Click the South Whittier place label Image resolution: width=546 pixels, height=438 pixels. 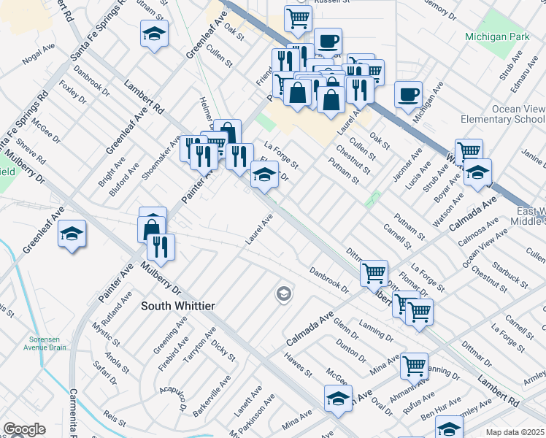[x=178, y=306]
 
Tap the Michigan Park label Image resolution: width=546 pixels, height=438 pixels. [x=493, y=36]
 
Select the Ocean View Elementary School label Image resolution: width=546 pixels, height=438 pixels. [x=503, y=113]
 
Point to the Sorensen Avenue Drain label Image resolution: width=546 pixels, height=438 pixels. [x=47, y=343]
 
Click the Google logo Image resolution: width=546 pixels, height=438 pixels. [x=24, y=429]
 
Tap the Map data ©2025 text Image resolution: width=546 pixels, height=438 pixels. [x=515, y=432]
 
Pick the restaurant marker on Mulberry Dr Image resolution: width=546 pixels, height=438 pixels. [x=161, y=246]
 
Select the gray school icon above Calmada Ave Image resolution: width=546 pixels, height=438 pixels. [x=283, y=294]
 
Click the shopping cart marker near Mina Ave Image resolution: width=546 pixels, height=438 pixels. [x=414, y=364]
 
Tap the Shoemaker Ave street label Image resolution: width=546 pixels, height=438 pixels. [x=170, y=155]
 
